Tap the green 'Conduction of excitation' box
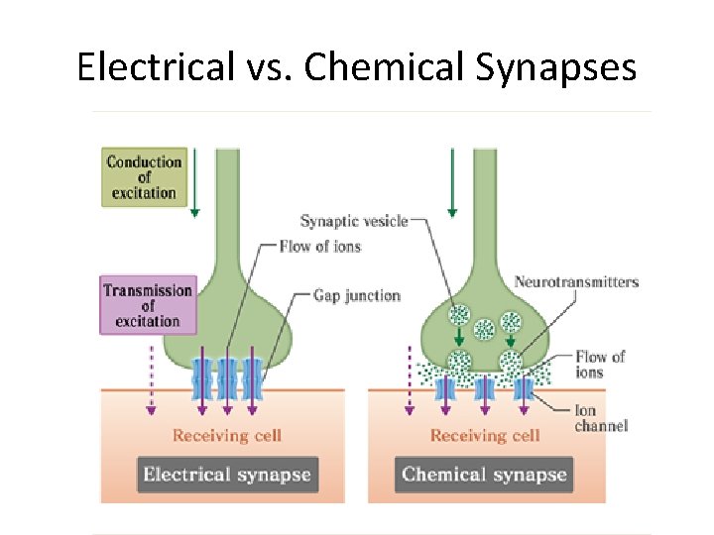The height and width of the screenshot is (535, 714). click(x=144, y=177)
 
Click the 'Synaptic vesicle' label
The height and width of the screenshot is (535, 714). click(x=354, y=221)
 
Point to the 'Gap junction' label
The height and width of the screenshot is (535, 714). click(x=356, y=295)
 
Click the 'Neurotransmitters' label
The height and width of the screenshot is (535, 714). click(x=576, y=282)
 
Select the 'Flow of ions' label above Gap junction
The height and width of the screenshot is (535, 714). click(x=320, y=246)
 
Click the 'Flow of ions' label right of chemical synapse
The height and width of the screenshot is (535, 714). click(x=600, y=364)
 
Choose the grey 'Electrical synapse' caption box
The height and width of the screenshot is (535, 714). click(x=227, y=474)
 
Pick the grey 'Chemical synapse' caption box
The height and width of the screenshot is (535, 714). click(x=484, y=474)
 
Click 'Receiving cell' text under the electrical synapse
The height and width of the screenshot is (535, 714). click(x=227, y=435)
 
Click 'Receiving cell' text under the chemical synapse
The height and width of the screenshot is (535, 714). click(x=485, y=435)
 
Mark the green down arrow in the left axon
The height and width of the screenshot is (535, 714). click(x=195, y=183)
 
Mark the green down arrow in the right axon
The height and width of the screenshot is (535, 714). click(x=452, y=183)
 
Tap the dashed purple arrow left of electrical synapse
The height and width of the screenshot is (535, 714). click(x=151, y=381)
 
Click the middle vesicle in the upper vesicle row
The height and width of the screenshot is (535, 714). click(x=485, y=329)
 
